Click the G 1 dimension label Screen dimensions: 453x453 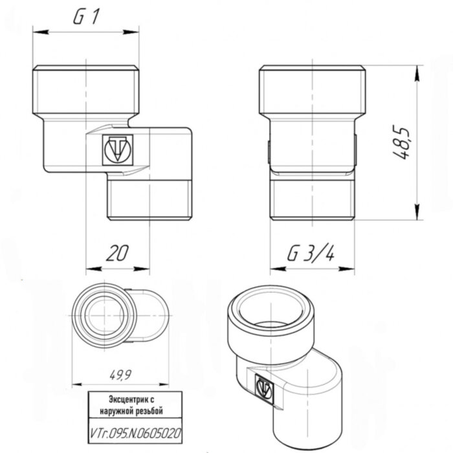click(x=86, y=19)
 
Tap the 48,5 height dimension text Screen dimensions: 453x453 click(x=405, y=143)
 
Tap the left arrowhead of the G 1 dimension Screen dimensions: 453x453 click(x=36, y=30)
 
